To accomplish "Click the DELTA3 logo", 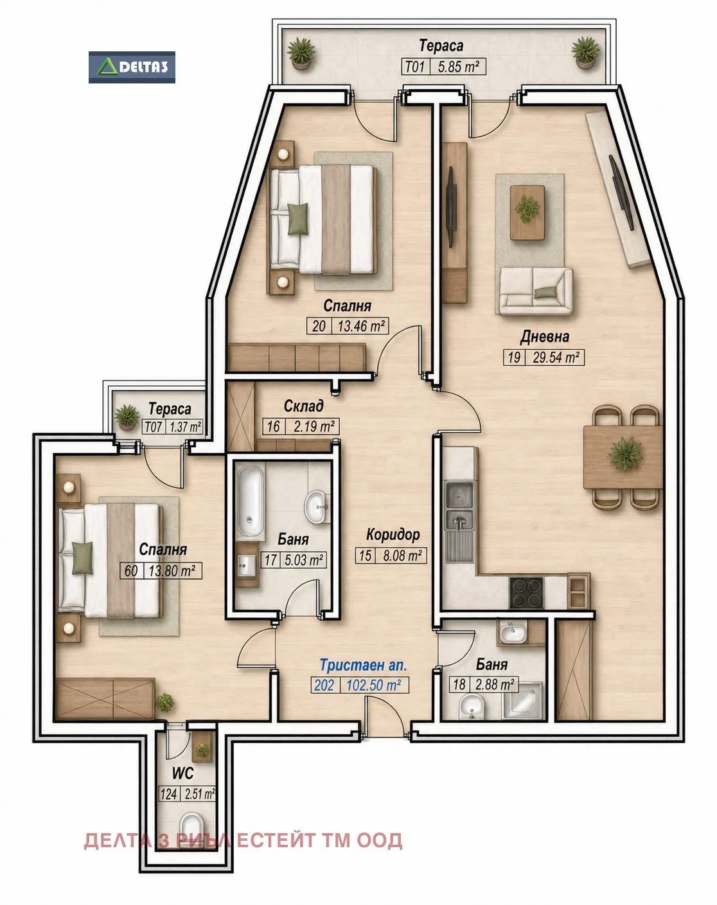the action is click(x=132, y=67).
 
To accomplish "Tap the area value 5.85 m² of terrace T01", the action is click(x=459, y=67).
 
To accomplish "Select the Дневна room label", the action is click(x=544, y=337).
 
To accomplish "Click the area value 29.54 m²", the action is click(x=556, y=358).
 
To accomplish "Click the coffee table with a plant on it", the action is click(x=527, y=212).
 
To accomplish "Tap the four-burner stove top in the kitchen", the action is click(x=526, y=592).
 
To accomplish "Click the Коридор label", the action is click(x=393, y=535).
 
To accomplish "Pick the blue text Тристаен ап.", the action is click(x=364, y=666).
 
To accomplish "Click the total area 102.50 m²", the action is click(x=373, y=685).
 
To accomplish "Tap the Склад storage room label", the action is click(x=303, y=406).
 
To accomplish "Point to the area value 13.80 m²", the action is click(x=172, y=571).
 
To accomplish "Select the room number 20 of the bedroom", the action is click(x=319, y=326).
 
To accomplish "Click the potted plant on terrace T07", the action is click(x=127, y=417).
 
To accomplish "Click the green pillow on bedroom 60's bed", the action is click(x=82, y=558).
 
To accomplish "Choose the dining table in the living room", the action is click(x=623, y=457).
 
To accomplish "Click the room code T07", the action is click(x=154, y=427).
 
